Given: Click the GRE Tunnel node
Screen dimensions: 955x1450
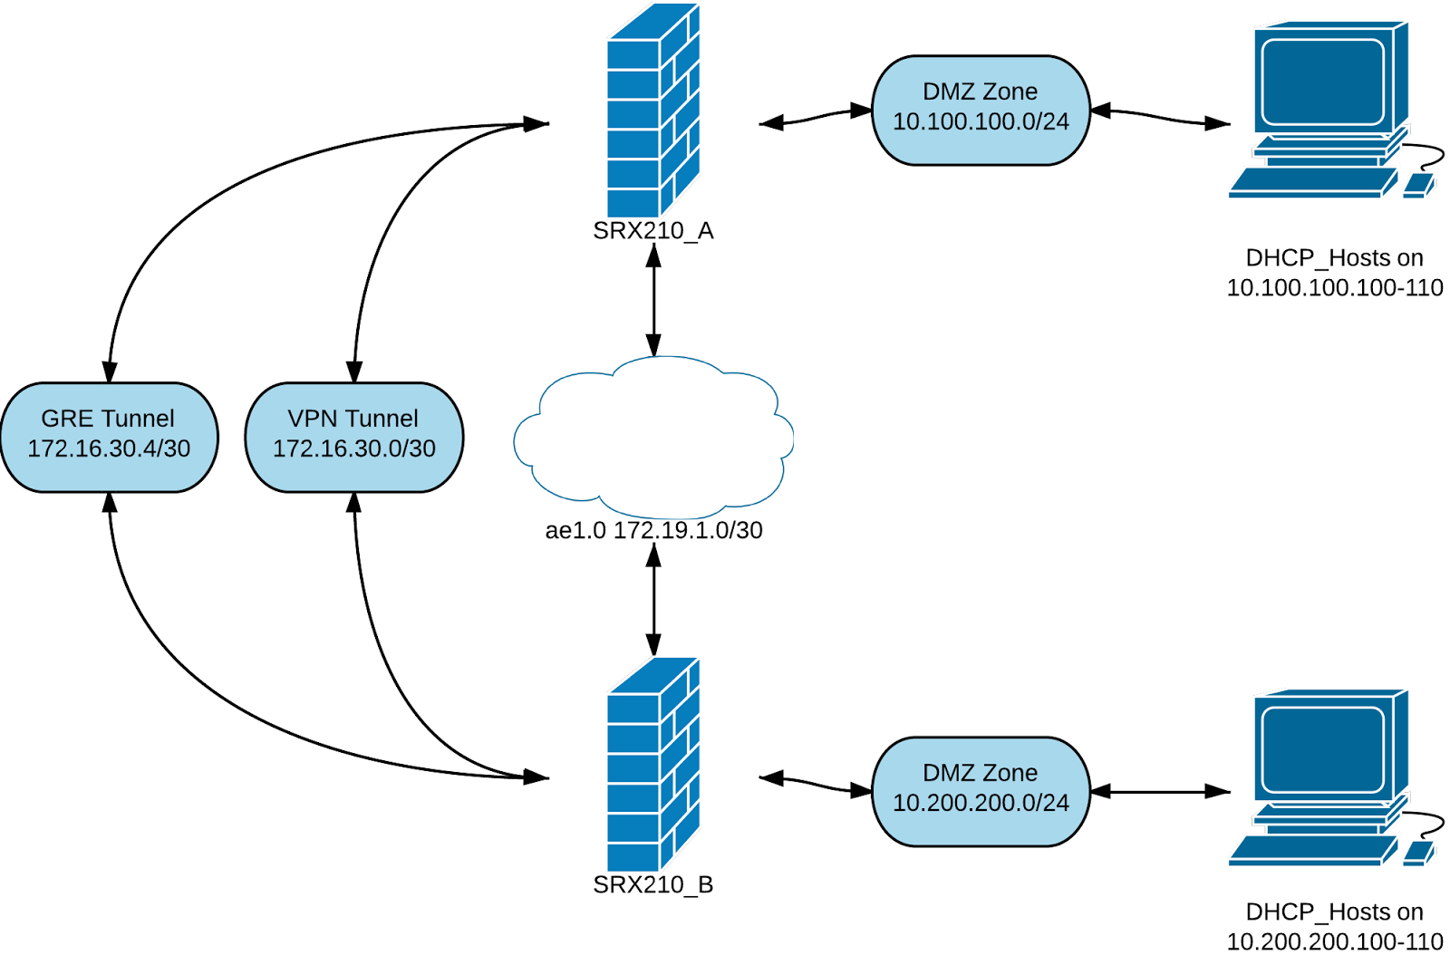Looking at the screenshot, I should pyautogui.click(x=109, y=437).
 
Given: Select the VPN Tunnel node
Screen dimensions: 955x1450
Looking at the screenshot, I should pyautogui.click(x=354, y=437).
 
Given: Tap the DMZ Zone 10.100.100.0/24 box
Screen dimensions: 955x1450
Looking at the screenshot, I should pyautogui.click(x=981, y=110).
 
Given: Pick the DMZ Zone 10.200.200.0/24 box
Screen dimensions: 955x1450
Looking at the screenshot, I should pyautogui.click(x=981, y=791).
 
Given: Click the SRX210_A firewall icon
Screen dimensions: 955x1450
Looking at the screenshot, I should pyautogui.click(x=652, y=113).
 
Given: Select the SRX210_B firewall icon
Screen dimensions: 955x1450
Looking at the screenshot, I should pyautogui.click(x=652, y=766).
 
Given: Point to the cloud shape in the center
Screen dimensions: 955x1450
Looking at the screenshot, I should pyautogui.click(x=652, y=435).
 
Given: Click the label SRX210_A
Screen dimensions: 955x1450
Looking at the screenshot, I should pyautogui.click(x=652, y=231).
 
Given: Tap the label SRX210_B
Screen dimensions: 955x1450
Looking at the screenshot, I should pyautogui.click(x=652, y=884).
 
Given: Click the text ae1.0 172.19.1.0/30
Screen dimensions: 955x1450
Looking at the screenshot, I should pyautogui.click(x=653, y=530).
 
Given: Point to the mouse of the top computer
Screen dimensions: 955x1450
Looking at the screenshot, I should pyautogui.click(x=1418, y=186).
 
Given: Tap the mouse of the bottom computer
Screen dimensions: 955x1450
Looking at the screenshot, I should pyautogui.click(x=1418, y=853).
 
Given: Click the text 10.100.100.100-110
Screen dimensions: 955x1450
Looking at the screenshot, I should pyautogui.click(x=1334, y=288).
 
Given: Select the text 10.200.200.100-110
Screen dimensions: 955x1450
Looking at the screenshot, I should pyautogui.click(x=1334, y=941).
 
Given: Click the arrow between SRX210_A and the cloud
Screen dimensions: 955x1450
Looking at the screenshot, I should pyautogui.click(x=653, y=299).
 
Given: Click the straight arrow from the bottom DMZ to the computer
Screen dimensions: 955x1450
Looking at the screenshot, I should pyautogui.click(x=1160, y=791).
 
